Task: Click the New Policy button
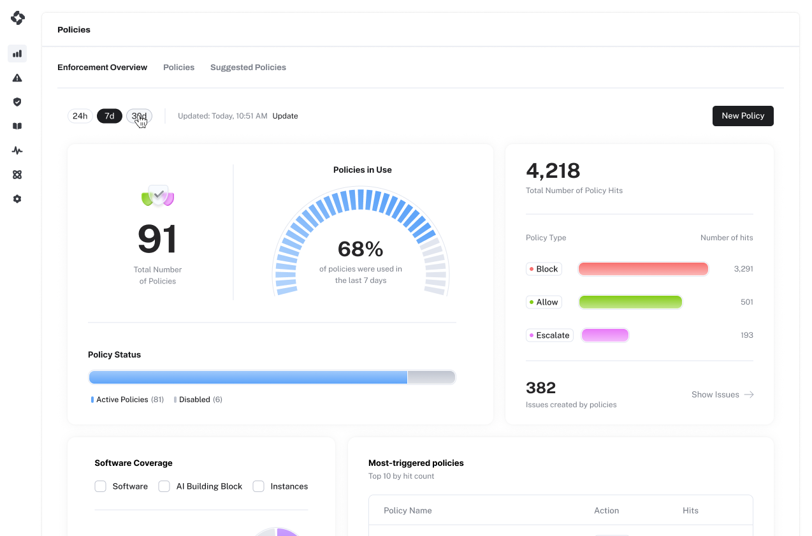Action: pos(743,116)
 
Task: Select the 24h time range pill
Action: pos(80,116)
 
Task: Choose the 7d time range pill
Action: pos(110,116)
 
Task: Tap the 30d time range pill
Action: pos(139,116)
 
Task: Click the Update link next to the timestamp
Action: pos(286,116)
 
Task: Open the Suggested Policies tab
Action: pos(249,68)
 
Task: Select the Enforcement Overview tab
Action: pos(102,68)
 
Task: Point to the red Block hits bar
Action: pos(643,269)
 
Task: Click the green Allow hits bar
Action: pos(630,302)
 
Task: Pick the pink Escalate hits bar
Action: pos(605,335)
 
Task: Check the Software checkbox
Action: pos(101,486)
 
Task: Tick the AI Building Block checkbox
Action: pos(164,486)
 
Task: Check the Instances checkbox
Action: pos(259,486)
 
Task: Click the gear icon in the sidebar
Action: pos(17,199)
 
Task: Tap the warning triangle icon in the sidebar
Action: pos(17,78)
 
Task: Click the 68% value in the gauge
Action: pos(360,249)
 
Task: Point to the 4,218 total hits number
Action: pos(553,171)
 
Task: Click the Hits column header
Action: pos(690,511)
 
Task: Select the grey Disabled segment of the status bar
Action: pos(431,377)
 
